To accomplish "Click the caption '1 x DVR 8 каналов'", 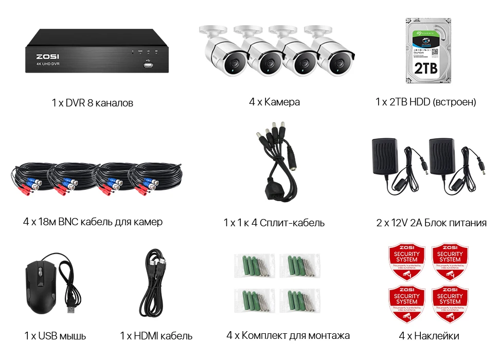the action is click(93, 103).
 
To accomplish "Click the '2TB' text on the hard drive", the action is click(425, 68).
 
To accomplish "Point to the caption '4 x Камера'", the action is click(274, 102).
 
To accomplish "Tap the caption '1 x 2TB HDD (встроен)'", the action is click(425, 102).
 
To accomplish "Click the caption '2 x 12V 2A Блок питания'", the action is click(431, 223).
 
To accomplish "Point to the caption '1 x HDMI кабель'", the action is click(156, 336).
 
